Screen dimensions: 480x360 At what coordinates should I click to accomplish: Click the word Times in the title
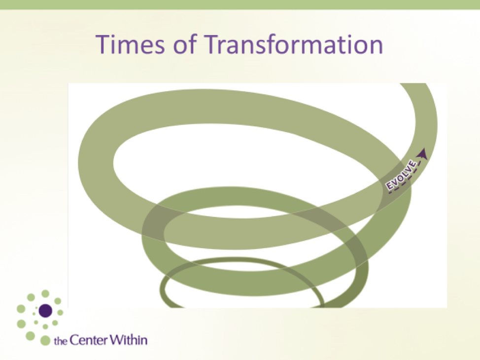[x=130, y=44]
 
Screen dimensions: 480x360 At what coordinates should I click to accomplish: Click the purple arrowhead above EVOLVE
[x=423, y=154]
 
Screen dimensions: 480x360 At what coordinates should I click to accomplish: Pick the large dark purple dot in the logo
[x=45, y=311]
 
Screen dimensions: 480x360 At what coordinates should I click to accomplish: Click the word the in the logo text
[x=60, y=341]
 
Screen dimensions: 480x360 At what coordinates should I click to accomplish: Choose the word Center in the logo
[x=89, y=340]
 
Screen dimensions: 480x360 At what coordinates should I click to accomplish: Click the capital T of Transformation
[x=212, y=44]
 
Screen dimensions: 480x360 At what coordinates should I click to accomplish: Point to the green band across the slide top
[x=240, y=4]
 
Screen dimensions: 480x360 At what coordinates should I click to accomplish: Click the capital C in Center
[x=74, y=340]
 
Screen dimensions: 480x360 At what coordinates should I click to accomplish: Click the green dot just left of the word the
[x=45, y=340]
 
